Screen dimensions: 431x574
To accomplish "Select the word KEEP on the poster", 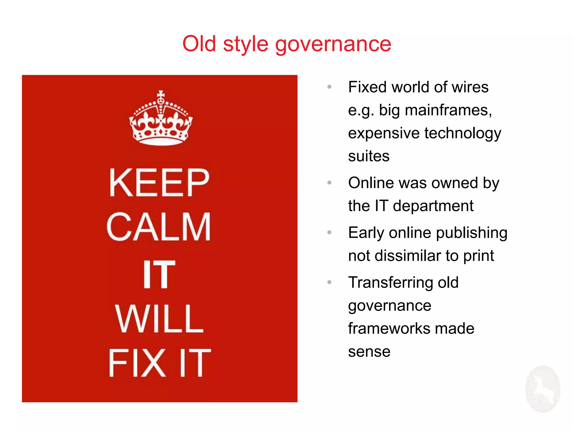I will coord(159,183).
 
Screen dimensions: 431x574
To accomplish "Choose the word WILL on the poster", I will coord(159,319).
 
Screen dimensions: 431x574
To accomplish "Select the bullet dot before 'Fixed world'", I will coord(329,87).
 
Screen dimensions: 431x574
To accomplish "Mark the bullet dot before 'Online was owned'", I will coord(329,183).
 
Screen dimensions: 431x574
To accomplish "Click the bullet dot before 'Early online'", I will coord(329,232).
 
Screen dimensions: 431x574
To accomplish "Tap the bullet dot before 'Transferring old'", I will coord(329,282).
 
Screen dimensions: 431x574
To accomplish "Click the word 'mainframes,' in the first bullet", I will coord(448,110).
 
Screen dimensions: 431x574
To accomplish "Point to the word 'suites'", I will coord(369,156).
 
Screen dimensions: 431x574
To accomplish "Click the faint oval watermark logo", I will coord(543,389).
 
